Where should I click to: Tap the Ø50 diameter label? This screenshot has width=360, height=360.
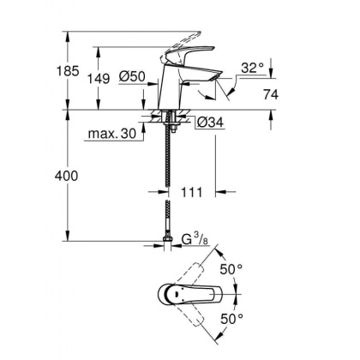131,77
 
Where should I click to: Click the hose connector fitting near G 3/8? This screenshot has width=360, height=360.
165,240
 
